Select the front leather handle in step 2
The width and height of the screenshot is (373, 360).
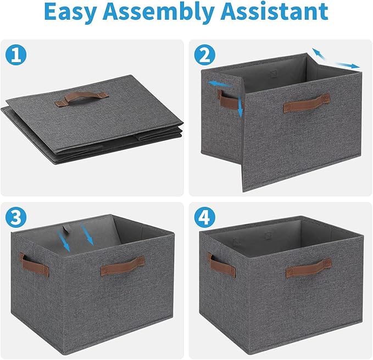pos(307,103)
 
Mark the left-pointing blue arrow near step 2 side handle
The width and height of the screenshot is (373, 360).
pos(218,83)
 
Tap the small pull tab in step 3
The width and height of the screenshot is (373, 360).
pos(69,229)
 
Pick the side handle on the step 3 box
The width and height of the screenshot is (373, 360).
pos(34,265)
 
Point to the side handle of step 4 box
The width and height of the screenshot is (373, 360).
pos(222,266)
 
